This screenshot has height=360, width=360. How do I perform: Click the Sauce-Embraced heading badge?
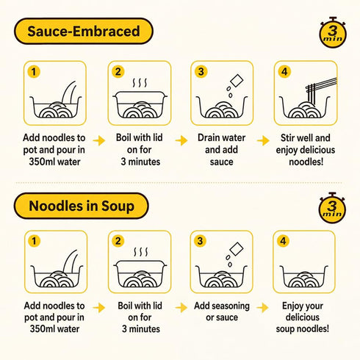(84, 31)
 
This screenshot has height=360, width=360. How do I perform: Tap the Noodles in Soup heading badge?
(82, 206)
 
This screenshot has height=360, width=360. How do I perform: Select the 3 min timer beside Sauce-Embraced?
(333, 32)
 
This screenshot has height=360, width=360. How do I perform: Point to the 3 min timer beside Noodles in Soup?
(332, 208)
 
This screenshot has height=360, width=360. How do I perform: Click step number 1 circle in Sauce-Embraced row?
(34, 72)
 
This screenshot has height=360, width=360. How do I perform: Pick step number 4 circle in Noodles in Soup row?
(283, 241)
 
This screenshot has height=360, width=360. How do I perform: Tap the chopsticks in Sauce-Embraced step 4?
(321, 88)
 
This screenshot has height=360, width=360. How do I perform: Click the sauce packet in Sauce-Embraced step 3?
(237, 81)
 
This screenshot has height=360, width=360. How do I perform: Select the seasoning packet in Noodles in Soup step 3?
(237, 249)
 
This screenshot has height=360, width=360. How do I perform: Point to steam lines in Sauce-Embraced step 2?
(140, 83)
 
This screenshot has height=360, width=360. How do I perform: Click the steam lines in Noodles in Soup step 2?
(141, 252)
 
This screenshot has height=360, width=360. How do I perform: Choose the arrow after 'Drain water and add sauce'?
(263, 140)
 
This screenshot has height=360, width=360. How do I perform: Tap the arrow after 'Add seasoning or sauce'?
(263, 308)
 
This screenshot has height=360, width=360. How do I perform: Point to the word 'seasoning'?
(231, 306)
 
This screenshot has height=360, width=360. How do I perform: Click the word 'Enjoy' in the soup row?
(292, 306)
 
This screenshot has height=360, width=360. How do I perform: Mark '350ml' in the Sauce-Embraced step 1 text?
(41, 162)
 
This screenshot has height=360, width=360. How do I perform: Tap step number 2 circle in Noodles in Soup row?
(118, 241)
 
